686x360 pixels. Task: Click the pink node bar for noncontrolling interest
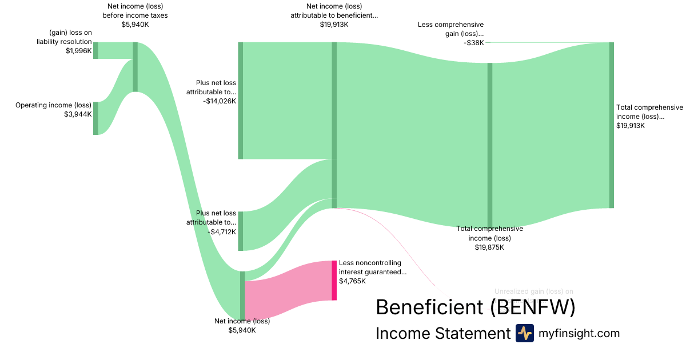pyautogui.click(x=334, y=280)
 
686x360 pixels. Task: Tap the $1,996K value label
pyautogui.click(x=78, y=50)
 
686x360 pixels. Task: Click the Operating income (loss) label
pyautogui.click(x=53, y=105)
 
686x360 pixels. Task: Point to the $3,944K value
pyautogui.click(x=78, y=114)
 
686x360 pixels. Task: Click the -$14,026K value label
pyautogui.click(x=219, y=101)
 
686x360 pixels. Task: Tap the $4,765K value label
pyautogui.click(x=352, y=281)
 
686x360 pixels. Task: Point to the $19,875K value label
pyautogui.click(x=489, y=247)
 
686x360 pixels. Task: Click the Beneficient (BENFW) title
pyautogui.click(x=475, y=307)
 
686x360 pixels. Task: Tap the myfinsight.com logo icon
pyautogui.click(x=524, y=333)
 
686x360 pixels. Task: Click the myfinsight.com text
pyautogui.click(x=579, y=333)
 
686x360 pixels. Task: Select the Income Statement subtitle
pyautogui.click(x=442, y=334)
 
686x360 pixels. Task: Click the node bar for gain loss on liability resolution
pyautogui.click(x=95, y=50)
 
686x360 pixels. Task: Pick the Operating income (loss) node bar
pyautogui.click(x=95, y=118)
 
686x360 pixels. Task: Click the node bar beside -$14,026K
pyautogui.click(x=241, y=101)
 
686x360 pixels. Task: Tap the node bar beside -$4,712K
pyautogui.click(x=241, y=231)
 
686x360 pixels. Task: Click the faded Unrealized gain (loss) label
pyautogui.click(x=533, y=291)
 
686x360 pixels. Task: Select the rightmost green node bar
pyautogui.click(x=611, y=125)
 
